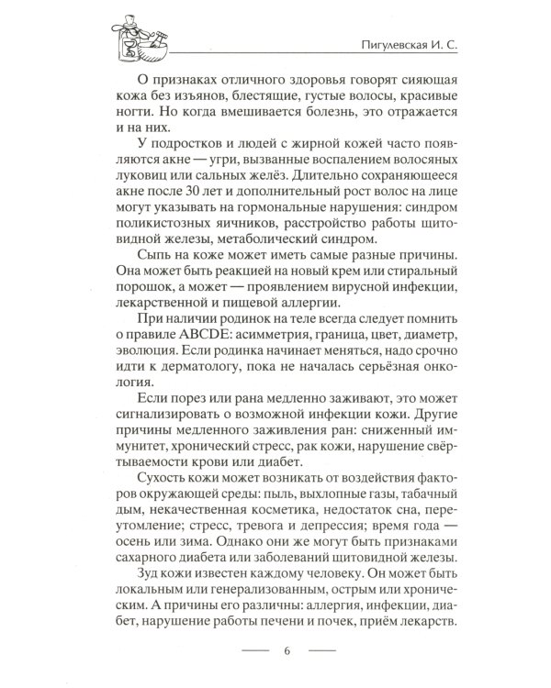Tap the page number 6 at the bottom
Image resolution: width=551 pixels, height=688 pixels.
click(x=287, y=652)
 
